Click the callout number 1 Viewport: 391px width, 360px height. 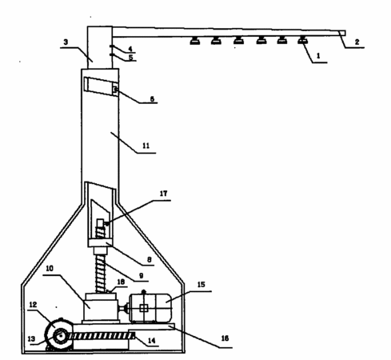point(318,55)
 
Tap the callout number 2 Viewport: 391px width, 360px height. point(357,42)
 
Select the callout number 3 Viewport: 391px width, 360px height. point(66,42)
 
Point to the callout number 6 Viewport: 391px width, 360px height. point(152,99)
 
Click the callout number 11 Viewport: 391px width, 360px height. point(146,146)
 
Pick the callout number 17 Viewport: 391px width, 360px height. point(163,194)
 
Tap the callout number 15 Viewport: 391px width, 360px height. point(201,285)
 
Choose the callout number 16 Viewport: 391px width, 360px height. point(225,338)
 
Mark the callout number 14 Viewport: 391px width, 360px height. point(151,340)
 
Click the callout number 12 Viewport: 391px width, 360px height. point(33,305)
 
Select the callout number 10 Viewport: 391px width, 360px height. point(50,268)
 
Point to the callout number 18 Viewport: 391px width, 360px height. point(121,282)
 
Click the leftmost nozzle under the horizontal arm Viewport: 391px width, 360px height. point(195,41)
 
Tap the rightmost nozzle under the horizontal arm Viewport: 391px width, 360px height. point(303,40)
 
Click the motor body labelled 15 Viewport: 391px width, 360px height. point(150,308)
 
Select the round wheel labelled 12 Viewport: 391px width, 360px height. point(59,335)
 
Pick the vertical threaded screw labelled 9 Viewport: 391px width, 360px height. point(101,274)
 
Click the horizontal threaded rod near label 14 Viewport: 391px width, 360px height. point(102,336)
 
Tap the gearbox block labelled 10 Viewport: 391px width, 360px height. point(101,310)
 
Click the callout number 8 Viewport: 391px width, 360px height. point(150,259)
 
